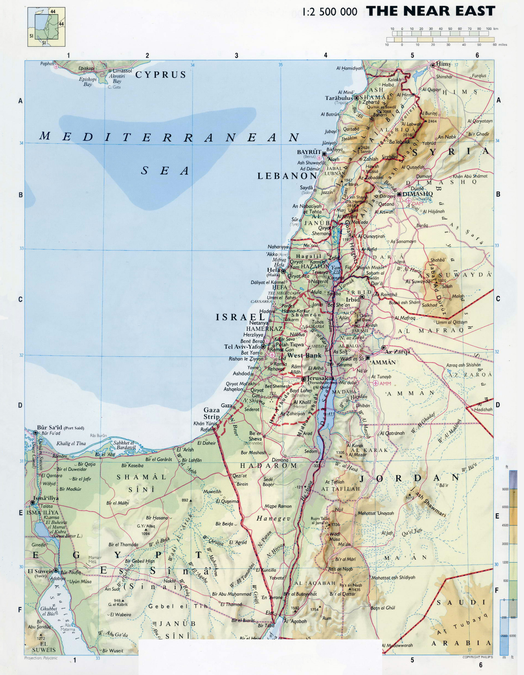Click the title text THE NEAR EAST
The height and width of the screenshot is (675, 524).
430,11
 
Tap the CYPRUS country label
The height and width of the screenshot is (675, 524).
161,75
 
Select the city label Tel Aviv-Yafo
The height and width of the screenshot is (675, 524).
242,347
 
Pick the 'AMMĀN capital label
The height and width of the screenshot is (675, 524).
384,362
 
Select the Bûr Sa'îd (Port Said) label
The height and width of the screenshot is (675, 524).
61,428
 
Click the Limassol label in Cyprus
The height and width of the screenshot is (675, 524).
122,71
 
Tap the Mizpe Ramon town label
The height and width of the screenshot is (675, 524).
278,506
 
